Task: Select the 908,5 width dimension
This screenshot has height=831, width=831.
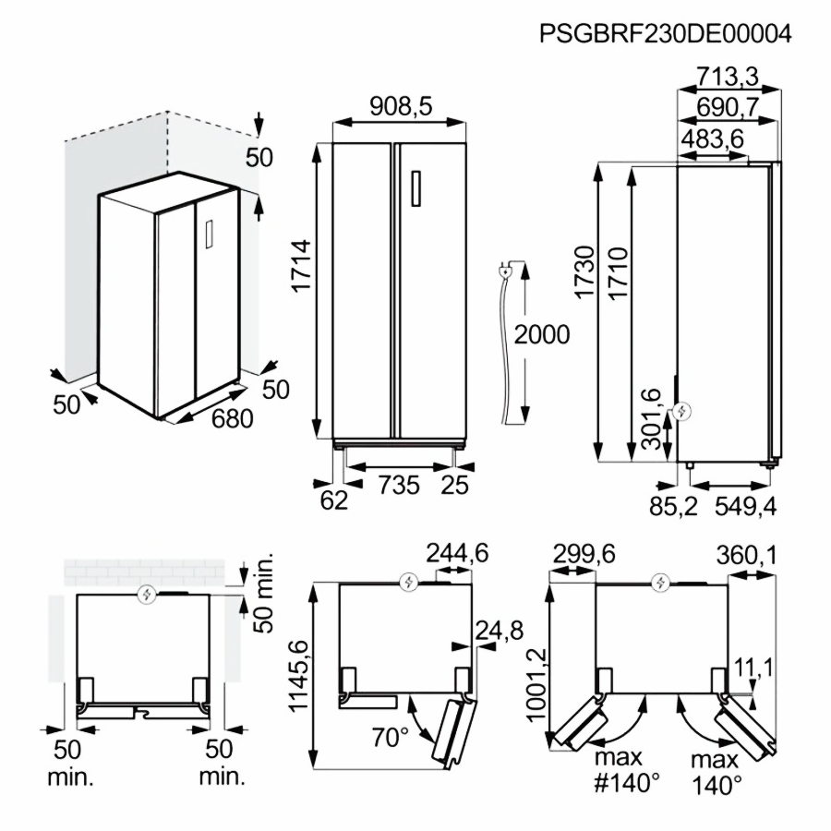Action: [401, 107]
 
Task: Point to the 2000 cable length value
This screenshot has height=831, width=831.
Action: [542, 334]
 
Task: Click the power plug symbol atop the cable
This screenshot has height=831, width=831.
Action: [507, 271]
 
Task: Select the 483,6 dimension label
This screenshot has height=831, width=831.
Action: [713, 138]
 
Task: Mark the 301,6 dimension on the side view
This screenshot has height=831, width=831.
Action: [651, 419]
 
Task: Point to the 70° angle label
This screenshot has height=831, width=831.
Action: [391, 737]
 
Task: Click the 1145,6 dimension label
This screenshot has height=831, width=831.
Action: [297, 676]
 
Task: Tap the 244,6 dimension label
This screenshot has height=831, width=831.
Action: [456, 553]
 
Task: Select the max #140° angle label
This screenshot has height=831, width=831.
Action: [628, 772]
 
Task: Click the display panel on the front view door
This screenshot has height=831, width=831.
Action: [416, 189]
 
